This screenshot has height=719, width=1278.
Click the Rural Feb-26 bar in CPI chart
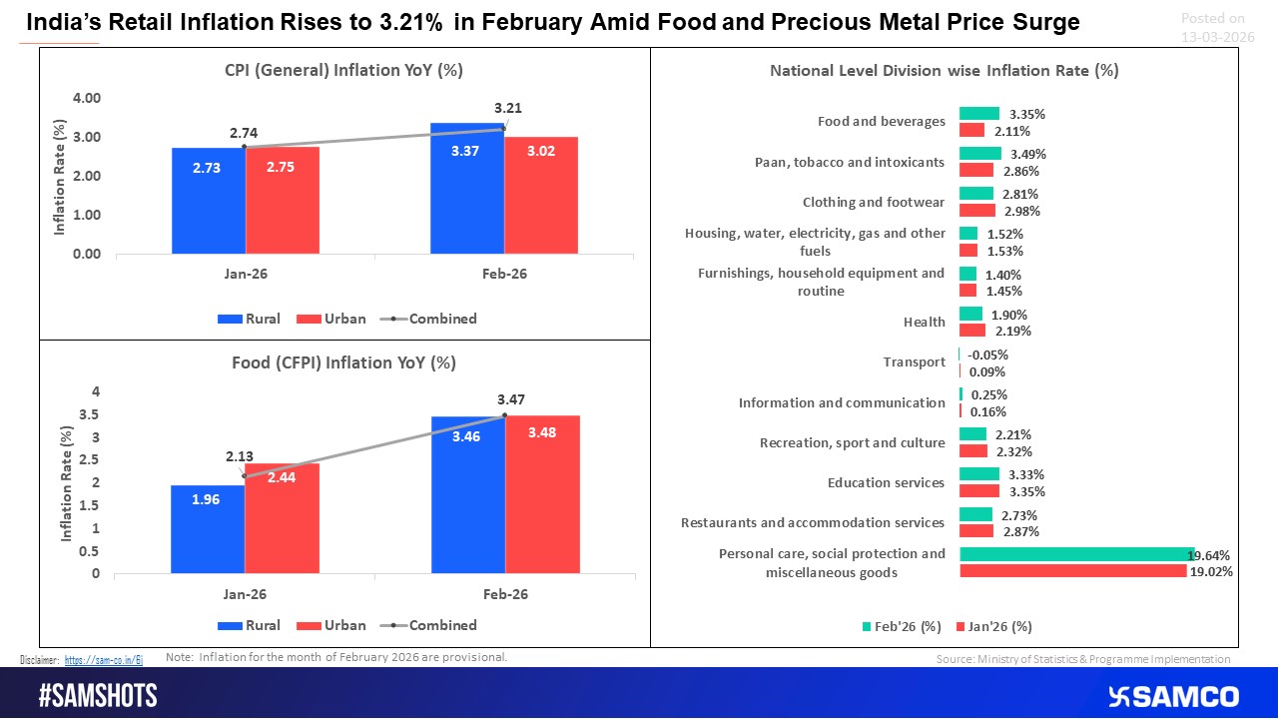click(467, 189)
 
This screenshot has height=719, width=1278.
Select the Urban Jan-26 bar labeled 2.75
click(283, 200)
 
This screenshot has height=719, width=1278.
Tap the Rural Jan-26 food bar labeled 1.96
click(208, 529)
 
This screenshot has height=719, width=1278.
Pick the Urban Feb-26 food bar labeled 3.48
click(542, 494)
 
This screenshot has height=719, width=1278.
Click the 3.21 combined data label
click(508, 108)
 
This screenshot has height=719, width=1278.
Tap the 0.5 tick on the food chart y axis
click(91, 551)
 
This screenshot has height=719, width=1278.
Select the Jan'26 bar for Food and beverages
click(979, 130)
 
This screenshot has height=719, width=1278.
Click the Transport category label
click(914, 361)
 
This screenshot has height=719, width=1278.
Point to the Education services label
click(886, 482)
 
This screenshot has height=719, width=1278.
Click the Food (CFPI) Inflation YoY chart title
click(337, 362)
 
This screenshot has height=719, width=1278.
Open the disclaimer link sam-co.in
click(104, 660)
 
